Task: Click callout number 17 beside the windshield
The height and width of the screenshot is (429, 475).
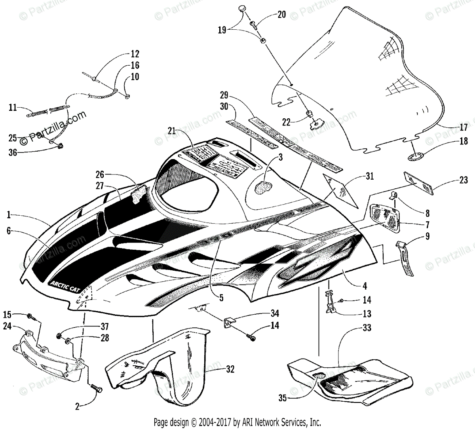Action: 464,127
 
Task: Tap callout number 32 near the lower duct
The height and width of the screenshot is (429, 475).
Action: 230,369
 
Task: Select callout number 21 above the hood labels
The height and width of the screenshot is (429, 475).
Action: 171,130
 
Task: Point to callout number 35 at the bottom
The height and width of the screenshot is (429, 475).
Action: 282,398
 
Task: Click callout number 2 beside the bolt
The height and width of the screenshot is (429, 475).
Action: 77,406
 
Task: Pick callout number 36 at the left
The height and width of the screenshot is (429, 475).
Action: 13,152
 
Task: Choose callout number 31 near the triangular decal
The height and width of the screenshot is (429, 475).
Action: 369,177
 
